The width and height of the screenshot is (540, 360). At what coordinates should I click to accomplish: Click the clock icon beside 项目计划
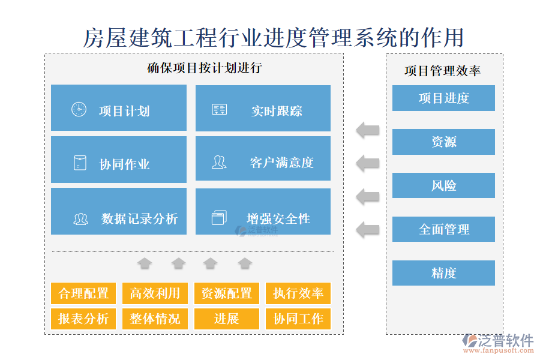tap(79, 109)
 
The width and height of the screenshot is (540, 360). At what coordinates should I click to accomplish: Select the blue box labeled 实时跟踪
tap(263, 108)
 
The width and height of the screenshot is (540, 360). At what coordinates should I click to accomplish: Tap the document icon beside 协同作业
tap(79, 163)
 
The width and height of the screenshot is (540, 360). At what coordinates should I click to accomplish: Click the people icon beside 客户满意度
tap(219, 162)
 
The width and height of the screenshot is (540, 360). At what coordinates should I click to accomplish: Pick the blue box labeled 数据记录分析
tap(118, 211)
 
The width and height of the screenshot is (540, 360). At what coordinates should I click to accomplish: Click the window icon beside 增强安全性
tap(219, 217)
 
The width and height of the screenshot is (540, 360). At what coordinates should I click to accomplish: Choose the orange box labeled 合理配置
tap(83, 293)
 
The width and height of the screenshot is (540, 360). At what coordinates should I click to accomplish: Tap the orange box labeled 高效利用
tap(155, 293)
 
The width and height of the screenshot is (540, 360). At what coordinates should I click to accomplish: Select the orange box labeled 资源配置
tap(226, 293)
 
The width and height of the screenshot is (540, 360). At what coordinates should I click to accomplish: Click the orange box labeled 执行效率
tap(298, 293)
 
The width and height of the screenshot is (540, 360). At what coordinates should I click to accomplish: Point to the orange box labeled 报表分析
tap(83, 319)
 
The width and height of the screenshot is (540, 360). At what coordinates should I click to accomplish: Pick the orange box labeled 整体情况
tap(155, 319)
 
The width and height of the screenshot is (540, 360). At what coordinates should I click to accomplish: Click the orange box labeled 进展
tap(226, 319)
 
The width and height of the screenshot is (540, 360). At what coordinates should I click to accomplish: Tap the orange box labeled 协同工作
tap(298, 319)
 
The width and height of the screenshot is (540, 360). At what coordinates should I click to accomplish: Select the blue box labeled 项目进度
tap(443, 98)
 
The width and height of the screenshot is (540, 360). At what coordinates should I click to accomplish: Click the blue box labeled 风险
tap(443, 185)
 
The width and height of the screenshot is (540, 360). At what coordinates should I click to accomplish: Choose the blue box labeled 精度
tap(443, 273)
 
